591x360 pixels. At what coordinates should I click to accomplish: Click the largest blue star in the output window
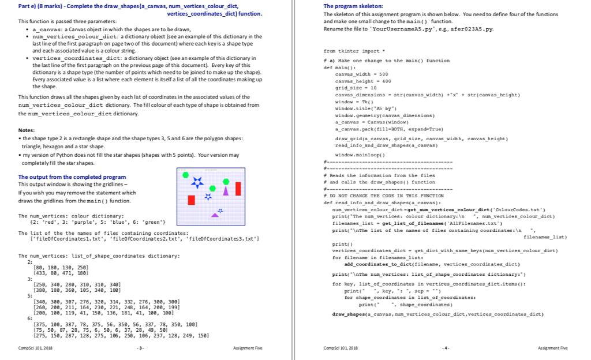tap(197, 182)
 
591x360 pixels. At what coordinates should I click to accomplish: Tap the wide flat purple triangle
tap(215, 215)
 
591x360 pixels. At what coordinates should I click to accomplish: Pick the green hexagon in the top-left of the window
tap(185, 174)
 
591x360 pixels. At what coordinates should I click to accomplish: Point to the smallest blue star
tap(220, 209)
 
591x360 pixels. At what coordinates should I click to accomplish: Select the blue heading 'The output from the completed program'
tap(72, 177)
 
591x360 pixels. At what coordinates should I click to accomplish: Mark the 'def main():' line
tap(338, 67)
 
